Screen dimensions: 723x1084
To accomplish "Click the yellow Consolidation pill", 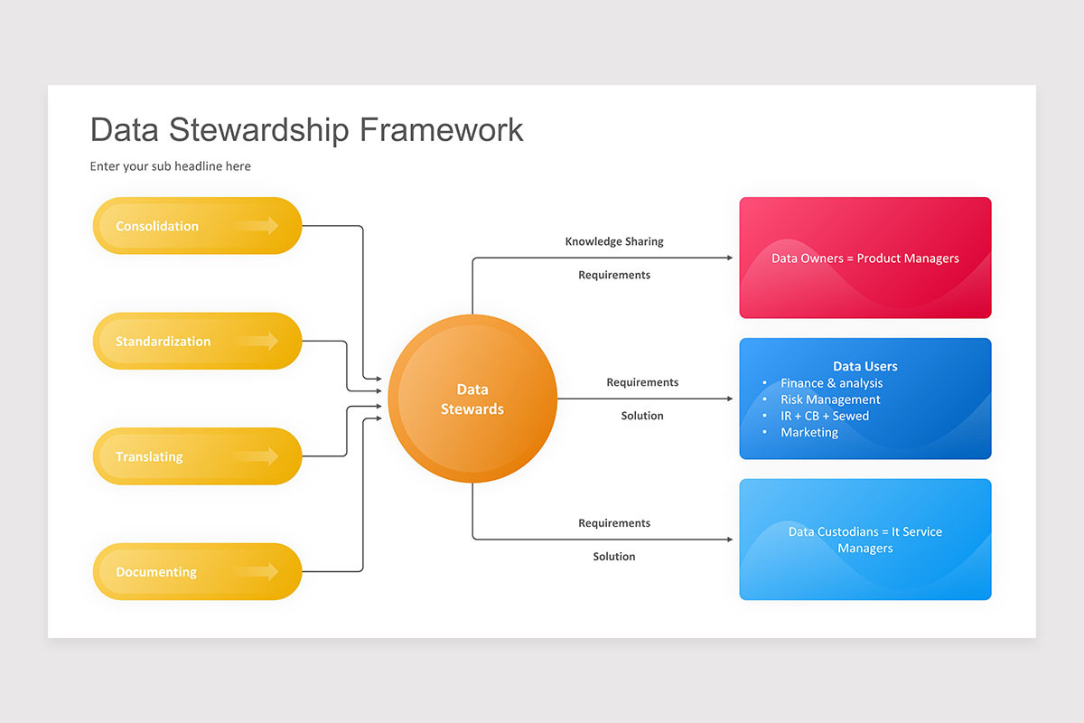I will coord(197,226).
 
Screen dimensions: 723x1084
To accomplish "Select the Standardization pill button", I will coord(197,342).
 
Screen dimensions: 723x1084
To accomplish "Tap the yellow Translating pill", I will coord(197,456).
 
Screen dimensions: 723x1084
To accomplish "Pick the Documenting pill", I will coord(197,572).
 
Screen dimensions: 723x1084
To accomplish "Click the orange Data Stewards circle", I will coord(472,399).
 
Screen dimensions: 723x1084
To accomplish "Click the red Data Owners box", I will coord(864,258).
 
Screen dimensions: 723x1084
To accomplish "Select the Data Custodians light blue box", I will coord(864,540).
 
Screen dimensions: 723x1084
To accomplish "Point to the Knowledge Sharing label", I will coord(614,241).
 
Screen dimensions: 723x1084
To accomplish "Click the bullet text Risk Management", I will coord(830,399).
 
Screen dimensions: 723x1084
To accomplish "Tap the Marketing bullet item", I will coord(809,432).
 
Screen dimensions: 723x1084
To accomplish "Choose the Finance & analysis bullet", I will coord(831,383).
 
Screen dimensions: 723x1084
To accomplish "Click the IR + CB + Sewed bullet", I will coord(825,416).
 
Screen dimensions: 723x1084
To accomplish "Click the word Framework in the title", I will coord(441,129).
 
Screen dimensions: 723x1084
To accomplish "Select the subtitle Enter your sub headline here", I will coord(170,166).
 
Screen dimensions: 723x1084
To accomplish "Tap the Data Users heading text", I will coord(864,366).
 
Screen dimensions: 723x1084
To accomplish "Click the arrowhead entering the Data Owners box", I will coord(730,258).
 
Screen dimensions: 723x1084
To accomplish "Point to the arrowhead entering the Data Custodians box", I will coord(730,540).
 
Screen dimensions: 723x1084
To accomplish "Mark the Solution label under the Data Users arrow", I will coord(642,416).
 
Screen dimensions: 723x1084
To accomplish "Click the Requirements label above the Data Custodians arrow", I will coord(614,523).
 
